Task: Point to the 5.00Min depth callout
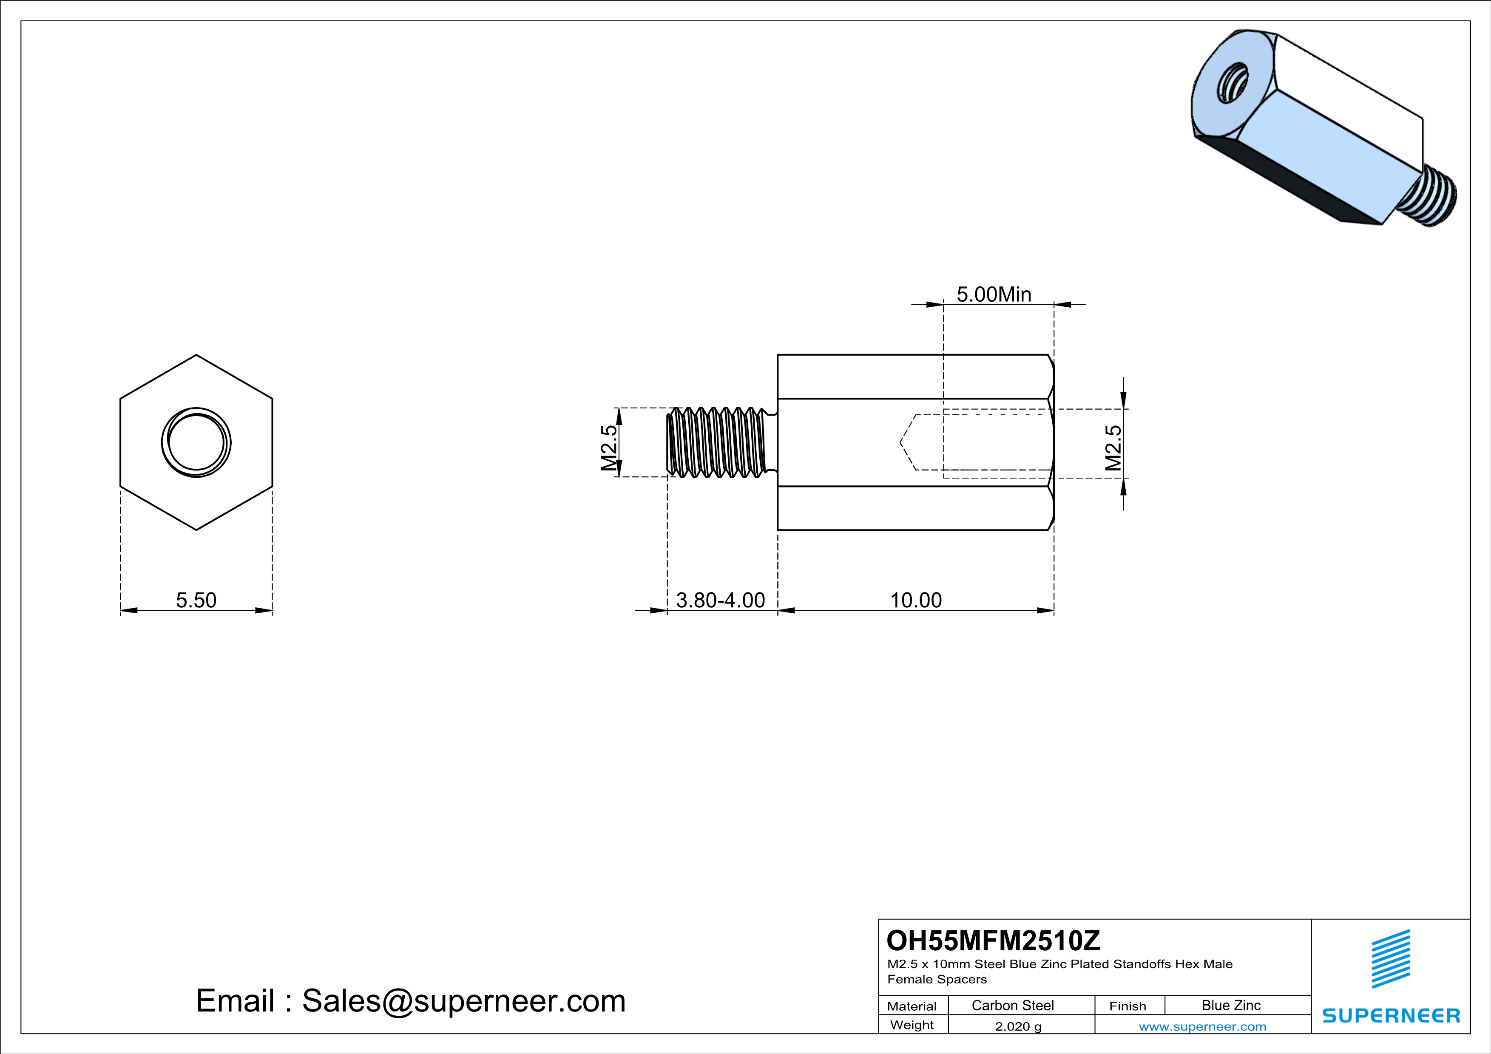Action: (994, 295)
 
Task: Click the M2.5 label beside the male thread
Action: (608, 448)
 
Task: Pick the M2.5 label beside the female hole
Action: (1113, 448)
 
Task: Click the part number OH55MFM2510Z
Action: (994, 941)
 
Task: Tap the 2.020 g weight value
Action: (1018, 1026)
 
